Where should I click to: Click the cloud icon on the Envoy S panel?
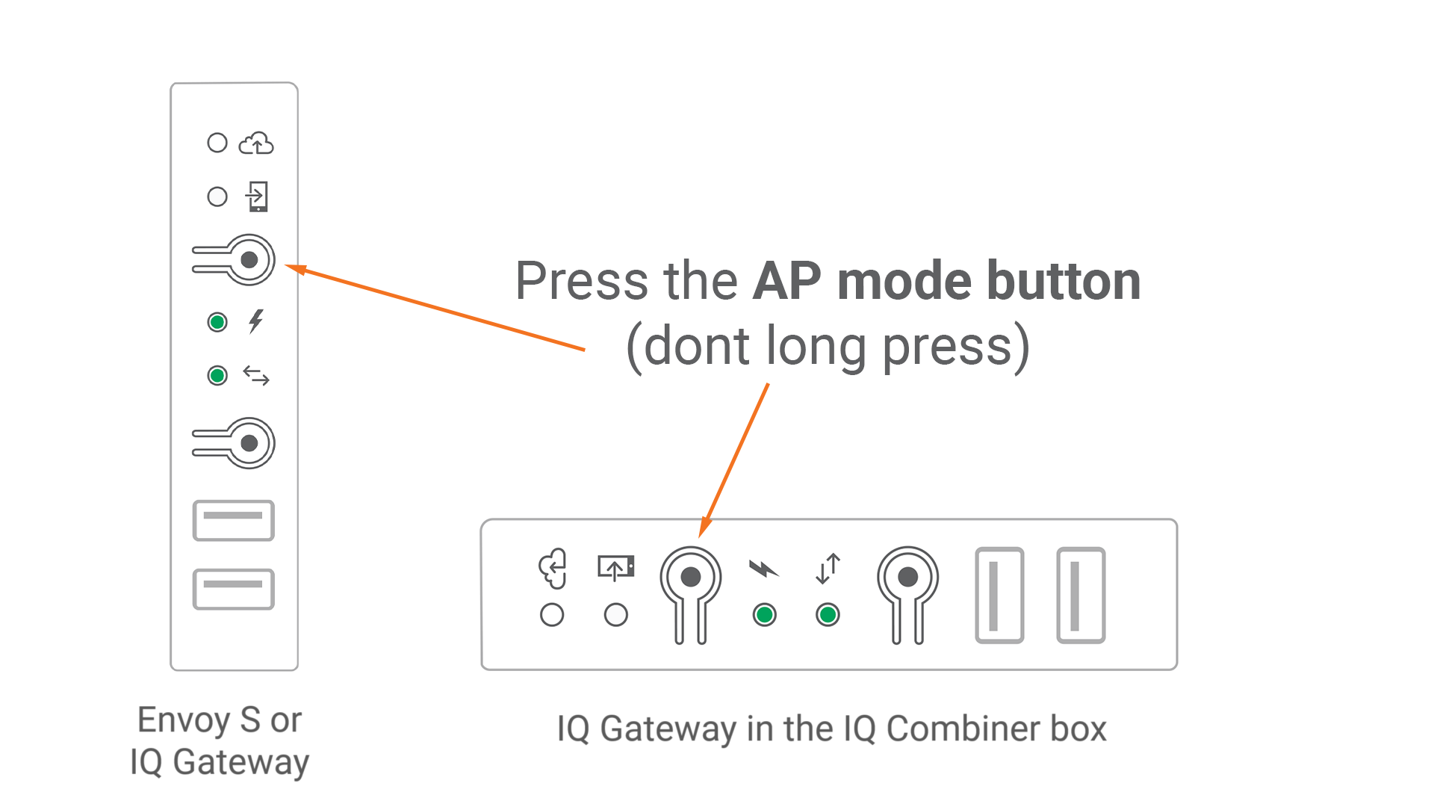[x=256, y=143]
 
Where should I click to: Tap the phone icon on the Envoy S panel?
[x=258, y=197]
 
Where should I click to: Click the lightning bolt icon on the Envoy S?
[x=256, y=321]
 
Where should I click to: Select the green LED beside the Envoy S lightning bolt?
[x=217, y=322]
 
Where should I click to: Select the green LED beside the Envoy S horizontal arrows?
[x=217, y=375]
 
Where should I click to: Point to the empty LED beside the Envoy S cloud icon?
[x=217, y=143]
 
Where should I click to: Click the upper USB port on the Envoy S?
[x=234, y=520]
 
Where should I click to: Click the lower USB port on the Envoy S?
[x=234, y=589]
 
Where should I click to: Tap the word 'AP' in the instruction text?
[x=786, y=282]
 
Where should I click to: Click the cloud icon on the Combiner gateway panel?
[x=553, y=569]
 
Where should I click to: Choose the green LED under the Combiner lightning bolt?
[x=764, y=615]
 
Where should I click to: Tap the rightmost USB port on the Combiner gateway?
[x=1081, y=595]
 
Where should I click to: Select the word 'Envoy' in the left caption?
[x=184, y=720]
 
